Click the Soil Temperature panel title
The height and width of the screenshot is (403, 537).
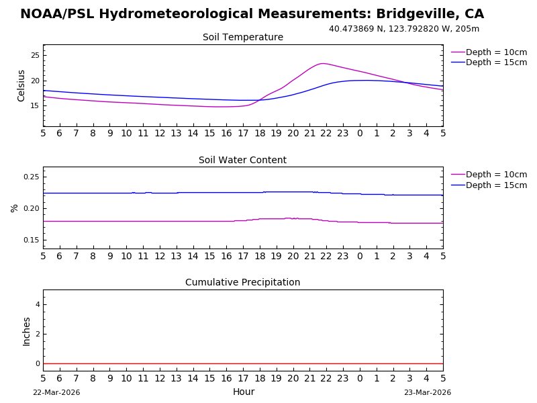(243, 38)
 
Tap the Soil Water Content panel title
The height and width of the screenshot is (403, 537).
(243, 161)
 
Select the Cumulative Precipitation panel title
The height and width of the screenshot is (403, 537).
(243, 283)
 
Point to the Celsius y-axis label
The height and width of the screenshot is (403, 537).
(21, 85)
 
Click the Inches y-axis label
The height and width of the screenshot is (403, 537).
(27, 331)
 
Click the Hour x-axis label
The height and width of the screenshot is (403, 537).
(244, 392)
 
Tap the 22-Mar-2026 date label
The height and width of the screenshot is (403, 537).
(56, 393)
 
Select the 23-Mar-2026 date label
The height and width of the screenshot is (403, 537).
(428, 393)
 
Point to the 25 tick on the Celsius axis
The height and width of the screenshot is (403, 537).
(35, 55)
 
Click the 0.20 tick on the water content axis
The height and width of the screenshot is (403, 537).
(31, 208)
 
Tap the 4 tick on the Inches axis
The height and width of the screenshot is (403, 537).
(38, 304)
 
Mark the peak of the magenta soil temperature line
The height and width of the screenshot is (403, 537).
(322, 64)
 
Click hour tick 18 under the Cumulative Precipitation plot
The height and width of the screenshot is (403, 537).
(260, 378)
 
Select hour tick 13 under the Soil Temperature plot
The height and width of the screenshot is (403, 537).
(177, 134)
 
